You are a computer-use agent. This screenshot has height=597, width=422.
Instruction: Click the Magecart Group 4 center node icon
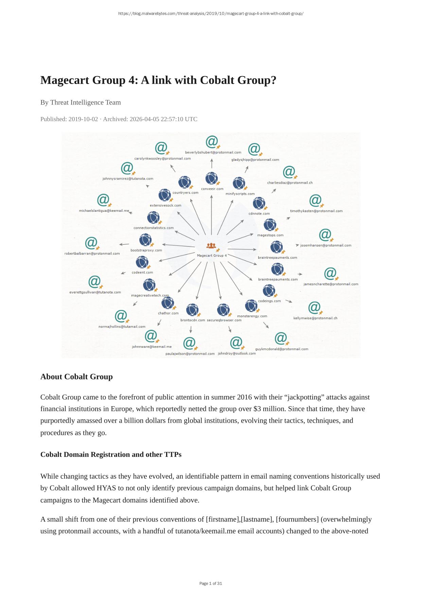tap(211, 245)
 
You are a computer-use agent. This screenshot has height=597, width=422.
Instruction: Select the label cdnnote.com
tap(259, 214)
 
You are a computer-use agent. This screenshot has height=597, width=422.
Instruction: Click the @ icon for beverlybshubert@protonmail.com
tap(212, 142)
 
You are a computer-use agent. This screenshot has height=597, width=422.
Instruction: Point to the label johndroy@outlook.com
tap(237, 353)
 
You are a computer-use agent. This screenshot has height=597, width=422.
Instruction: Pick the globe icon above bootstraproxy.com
tap(145, 240)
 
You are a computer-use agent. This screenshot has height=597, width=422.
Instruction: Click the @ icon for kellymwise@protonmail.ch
tap(314, 308)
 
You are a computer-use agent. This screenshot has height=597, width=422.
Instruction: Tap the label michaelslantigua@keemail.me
tap(104, 211)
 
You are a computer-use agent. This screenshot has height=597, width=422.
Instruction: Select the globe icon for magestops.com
tap(270, 225)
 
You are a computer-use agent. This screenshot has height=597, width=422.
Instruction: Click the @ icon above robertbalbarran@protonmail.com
tap(91, 243)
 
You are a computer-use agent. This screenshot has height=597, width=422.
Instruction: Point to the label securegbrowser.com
tap(224, 320)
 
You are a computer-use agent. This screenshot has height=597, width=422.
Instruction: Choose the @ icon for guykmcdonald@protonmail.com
tap(281, 338)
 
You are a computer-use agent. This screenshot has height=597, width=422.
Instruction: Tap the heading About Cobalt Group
tap(76, 377)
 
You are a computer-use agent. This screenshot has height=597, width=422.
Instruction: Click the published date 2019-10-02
tap(83, 119)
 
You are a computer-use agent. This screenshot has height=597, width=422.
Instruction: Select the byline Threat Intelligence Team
tap(85, 102)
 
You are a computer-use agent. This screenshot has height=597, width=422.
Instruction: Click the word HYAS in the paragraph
tap(106, 488)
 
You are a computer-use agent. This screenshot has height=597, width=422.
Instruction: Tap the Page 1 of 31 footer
tap(211, 583)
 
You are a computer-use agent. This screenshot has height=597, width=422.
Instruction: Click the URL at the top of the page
tap(211, 14)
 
